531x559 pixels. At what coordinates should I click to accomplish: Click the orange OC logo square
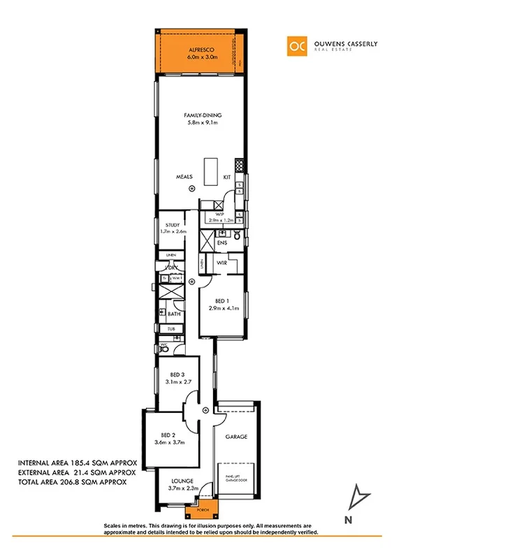tap(298, 45)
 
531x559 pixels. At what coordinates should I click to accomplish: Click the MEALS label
tap(184, 177)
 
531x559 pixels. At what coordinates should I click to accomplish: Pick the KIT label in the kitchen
tap(227, 177)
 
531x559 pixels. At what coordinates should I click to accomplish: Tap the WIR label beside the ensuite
tap(221, 263)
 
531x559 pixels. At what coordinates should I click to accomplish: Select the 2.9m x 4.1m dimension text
tap(224, 308)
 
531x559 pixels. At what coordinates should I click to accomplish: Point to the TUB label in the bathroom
tap(170, 328)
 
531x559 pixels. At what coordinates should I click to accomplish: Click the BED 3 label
tap(177, 375)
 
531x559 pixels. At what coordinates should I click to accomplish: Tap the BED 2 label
tap(168, 435)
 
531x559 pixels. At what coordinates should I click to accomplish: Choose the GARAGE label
tap(236, 437)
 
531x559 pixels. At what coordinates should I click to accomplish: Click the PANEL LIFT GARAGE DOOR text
tap(236, 479)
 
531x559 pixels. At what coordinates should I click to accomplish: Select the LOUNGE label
tap(183, 481)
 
